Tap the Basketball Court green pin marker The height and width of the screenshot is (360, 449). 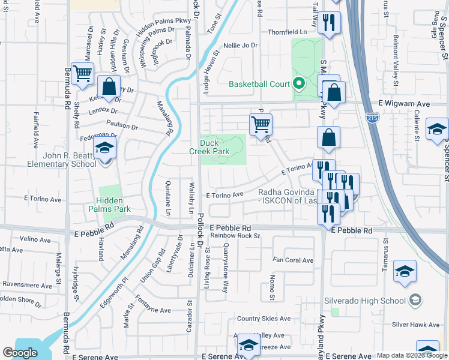[298, 84]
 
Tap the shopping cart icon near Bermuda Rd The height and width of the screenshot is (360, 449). [83, 74]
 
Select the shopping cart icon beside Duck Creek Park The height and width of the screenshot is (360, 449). [261, 125]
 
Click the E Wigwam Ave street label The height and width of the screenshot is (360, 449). [405, 104]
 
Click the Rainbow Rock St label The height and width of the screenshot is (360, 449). [235, 236]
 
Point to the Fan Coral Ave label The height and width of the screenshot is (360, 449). [294, 260]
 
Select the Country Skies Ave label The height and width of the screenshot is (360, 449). [264, 319]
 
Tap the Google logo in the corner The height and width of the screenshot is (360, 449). [20, 353]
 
